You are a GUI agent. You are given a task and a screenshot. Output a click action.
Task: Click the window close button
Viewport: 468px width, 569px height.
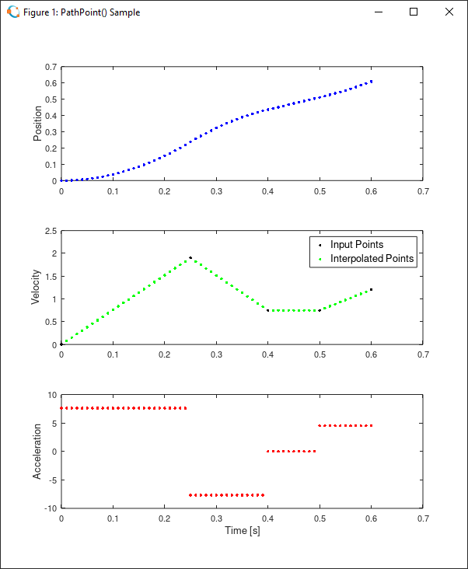449,12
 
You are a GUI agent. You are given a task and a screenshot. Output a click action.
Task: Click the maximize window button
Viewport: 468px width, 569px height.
414,12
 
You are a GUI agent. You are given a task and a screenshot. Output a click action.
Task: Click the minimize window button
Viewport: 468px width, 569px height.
379,12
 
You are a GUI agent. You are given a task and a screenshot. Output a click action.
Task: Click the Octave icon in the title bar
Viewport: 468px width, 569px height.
13,12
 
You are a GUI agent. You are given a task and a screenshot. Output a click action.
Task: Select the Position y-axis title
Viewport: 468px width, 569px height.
37,124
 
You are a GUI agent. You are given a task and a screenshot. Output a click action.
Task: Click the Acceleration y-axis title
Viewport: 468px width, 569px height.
37,452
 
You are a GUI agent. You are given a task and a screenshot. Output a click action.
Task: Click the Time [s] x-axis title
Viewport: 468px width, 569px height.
241,530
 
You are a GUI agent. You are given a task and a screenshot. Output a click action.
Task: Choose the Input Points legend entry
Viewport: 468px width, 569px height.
357,245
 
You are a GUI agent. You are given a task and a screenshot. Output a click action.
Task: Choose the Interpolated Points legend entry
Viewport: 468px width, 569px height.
372,259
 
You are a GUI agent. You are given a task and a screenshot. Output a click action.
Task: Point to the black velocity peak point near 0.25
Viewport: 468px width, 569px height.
190,257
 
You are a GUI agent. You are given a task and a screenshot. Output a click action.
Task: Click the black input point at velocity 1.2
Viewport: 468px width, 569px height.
372,289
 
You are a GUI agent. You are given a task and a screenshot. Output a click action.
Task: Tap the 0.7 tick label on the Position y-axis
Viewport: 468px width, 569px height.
51,67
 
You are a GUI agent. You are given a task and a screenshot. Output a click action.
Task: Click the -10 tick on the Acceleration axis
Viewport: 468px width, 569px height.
49,508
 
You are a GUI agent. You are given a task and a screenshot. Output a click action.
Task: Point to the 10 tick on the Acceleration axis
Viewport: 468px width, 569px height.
52,395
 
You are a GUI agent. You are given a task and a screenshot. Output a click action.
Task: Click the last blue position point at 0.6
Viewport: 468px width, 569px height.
372,81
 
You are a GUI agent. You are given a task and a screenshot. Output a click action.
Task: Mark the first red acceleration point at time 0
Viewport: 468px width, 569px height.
61,408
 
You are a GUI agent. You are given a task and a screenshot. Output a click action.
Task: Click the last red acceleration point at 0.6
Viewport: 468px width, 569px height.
372,425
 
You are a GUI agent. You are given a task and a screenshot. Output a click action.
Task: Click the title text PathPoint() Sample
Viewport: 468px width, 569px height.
82,12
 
